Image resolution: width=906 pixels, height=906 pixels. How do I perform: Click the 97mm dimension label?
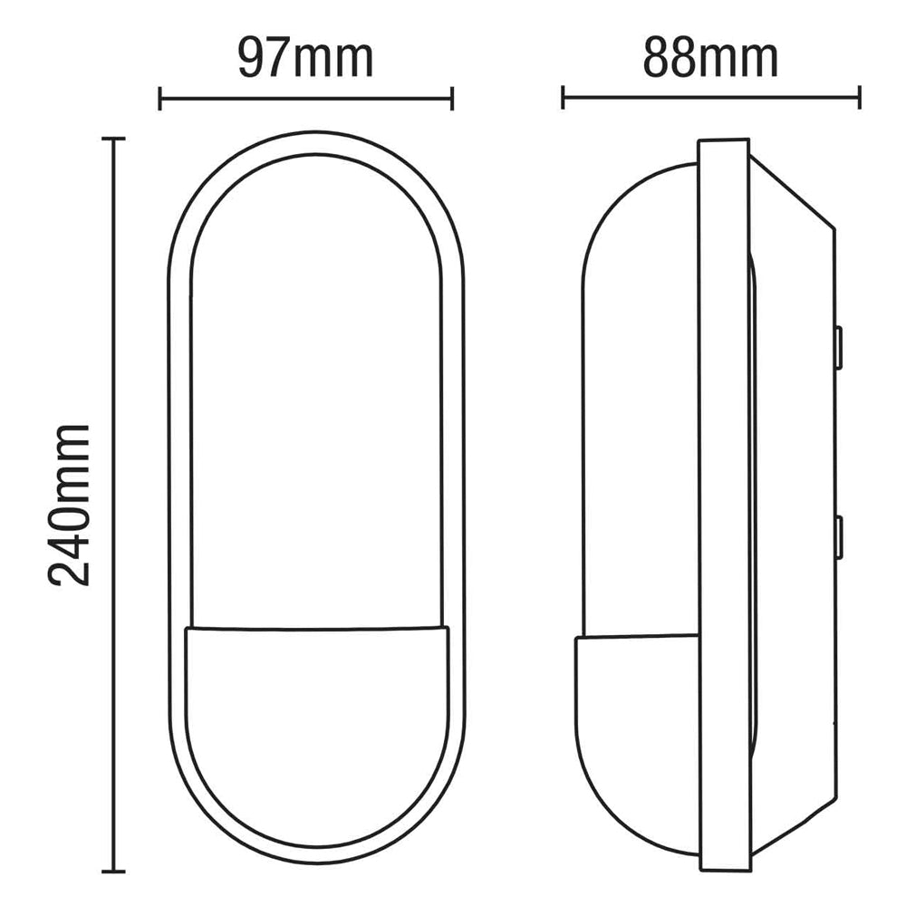coord(305,59)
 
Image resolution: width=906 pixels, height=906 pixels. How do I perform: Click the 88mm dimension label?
coord(710,59)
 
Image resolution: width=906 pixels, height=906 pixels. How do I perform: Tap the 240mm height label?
coord(71,504)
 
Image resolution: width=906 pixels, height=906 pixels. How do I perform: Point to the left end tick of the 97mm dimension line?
coord(160,98)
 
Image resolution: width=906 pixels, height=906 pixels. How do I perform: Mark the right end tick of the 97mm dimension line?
coord(451,98)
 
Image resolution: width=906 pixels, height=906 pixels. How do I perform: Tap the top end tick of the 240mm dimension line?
coord(112,139)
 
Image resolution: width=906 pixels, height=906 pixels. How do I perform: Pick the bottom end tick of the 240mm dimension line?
coord(112,871)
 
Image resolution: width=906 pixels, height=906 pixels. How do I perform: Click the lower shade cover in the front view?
coord(316,725)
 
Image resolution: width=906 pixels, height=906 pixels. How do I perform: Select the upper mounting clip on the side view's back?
coord(839,348)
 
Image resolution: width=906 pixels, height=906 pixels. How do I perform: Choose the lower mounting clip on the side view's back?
coord(839,537)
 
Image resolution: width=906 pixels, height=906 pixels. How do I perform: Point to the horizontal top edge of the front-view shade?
coord(316,628)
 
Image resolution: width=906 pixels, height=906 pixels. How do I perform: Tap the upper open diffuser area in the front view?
coord(316,390)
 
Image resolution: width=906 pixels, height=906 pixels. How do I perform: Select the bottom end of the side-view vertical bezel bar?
coord(723,872)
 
